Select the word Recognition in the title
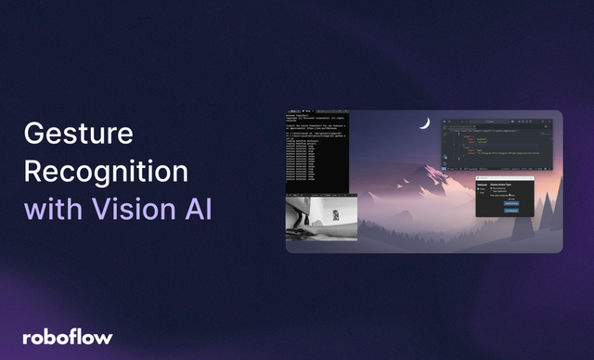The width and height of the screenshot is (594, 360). (106, 173)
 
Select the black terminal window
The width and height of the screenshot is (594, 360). (316, 153)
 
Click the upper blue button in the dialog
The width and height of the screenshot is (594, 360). (511, 201)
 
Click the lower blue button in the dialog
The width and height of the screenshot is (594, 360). (511, 211)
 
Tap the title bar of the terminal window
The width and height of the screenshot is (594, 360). (316, 115)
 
